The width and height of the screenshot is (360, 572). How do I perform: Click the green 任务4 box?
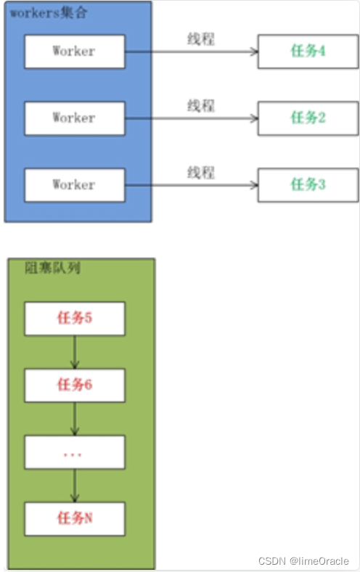click(x=308, y=52)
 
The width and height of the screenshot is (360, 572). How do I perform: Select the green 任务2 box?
click(x=308, y=118)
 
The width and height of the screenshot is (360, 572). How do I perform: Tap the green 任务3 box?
click(x=308, y=185)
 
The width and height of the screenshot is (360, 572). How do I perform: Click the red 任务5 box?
click(x=75, y=319)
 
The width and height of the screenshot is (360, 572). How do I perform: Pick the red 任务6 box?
click(x=75, y=385)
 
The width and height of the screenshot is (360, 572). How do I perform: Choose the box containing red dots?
click(x=75, y=452)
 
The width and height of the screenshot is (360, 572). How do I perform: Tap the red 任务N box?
click(x=75, y=519)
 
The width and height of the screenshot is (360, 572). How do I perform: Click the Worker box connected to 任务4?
click(x=75, y=52)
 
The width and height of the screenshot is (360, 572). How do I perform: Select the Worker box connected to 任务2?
click(x=75, y=118)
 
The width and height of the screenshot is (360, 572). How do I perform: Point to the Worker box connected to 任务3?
click(x=75, y=185)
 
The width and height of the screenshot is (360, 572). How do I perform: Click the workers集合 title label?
click(x=49, y=13)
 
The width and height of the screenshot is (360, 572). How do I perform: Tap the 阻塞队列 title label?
click(x=52, y=268)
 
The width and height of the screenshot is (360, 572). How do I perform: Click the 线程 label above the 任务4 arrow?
click(x=201, y=38)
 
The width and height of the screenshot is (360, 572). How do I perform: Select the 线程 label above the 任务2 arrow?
click(x=201, y=105)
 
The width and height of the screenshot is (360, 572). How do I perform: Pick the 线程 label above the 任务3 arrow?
click(x=201, y=172)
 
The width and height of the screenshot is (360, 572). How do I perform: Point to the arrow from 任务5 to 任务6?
click(x=75, y=352)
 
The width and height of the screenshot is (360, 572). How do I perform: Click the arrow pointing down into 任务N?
click(x=75, y=486)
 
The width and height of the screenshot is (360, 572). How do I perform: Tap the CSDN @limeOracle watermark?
click(x=303, y=560)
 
